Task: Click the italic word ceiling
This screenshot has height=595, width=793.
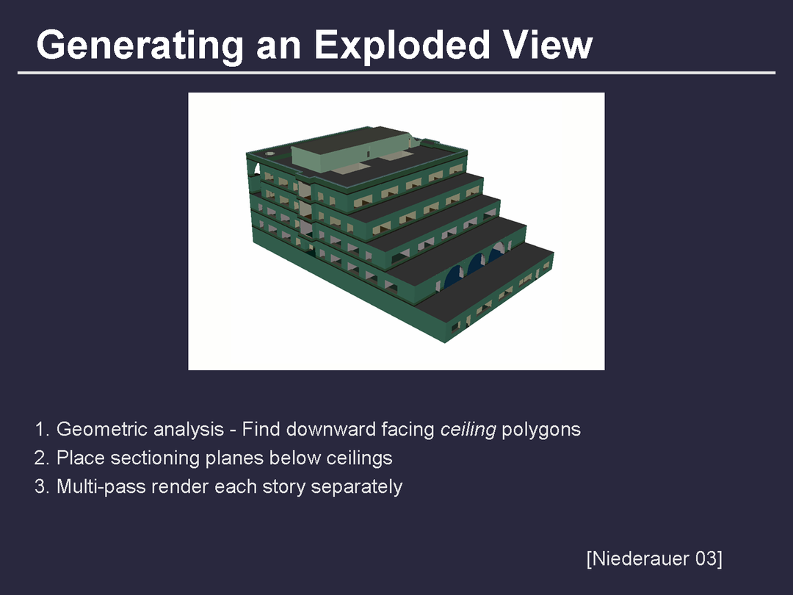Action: tap(468, 430)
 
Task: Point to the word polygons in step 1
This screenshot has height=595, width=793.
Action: tap(541, 430)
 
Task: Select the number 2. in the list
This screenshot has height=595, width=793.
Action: tap(42, 458)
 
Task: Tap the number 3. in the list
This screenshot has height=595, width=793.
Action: tap(42, 487)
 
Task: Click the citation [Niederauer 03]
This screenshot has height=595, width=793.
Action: tap(654, 559)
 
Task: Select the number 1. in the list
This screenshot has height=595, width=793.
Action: tap(42, 429)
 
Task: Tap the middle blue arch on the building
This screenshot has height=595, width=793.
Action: tap(476, 264)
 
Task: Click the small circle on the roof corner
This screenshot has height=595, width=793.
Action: tap(270, 153)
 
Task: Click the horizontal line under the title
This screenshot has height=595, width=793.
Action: tap(396, 73)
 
